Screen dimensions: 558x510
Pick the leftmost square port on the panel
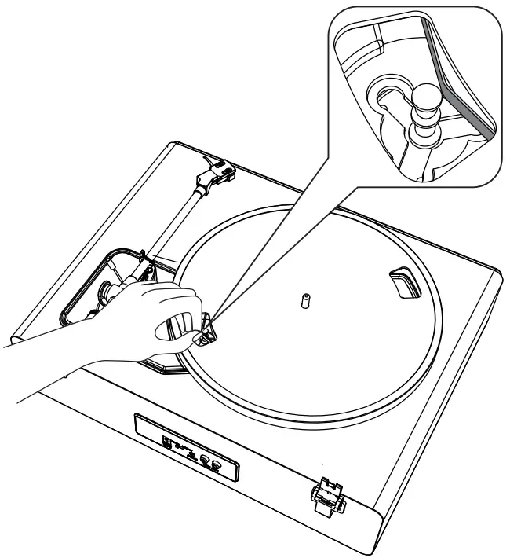point(167,440)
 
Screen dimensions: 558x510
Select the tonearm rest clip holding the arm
point(142,259)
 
